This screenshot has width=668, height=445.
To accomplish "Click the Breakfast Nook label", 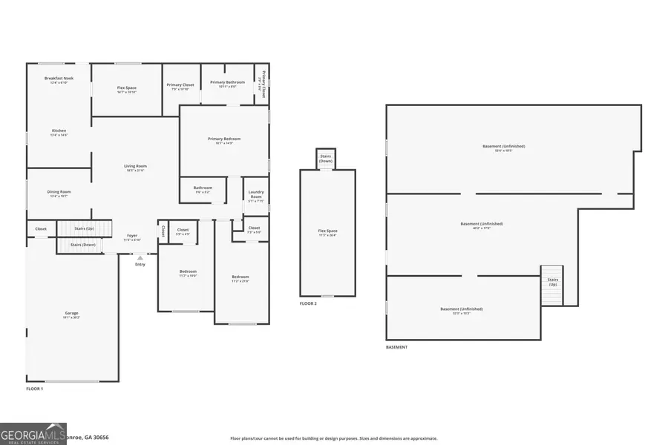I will [x=59, y=79].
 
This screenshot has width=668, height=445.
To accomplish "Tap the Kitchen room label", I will [x=59, y=131].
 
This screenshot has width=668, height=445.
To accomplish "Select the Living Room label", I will [x=135, y=166].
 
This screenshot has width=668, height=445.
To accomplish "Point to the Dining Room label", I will [x=59, y=192].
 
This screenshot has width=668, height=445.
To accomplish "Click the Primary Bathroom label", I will [x=227, y=82].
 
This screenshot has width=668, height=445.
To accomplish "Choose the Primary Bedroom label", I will [x=224, y=139].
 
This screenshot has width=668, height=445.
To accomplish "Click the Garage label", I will [x=71, y=314].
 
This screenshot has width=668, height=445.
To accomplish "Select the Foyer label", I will [x=131, y=236].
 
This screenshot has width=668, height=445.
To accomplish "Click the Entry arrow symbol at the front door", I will [x=140, y=257].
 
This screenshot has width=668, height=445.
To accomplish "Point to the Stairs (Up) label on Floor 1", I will [x=85, y=228].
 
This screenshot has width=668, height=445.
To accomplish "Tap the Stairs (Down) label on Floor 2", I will [x=326, y=158].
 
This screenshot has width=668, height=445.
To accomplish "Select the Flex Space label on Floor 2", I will [x=327, y=231].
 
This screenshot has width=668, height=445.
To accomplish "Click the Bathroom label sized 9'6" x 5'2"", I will [x=203, y=188].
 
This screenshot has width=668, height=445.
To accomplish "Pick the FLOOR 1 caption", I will [x=35, y=389].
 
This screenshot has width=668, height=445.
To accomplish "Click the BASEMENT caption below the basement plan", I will [x=396, y=347].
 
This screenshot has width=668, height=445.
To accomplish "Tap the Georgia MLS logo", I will [x=33, y=432].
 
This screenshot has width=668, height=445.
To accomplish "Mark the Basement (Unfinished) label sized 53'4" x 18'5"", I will [x=498, y=147].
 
